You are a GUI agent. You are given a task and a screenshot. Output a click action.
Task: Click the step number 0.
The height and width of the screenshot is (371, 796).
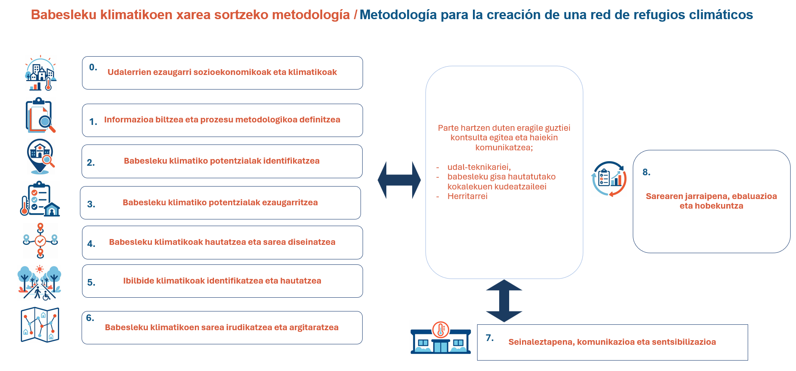point(93,67)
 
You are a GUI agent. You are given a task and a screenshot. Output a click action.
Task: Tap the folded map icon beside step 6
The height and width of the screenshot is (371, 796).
point(40,325)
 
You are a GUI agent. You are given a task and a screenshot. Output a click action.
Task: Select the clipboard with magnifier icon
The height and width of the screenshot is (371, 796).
point(40,115)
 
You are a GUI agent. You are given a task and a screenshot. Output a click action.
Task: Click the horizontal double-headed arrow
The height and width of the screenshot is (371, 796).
point(399,180)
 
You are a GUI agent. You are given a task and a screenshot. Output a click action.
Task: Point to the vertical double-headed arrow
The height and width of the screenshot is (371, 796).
point(504,301)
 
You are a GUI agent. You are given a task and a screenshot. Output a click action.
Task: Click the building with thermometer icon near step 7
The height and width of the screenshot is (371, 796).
point(440,338)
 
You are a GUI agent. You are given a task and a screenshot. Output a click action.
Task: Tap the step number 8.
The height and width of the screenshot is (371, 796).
point(646,172)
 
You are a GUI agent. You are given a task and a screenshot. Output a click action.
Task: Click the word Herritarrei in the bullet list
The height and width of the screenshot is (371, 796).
point(467,196)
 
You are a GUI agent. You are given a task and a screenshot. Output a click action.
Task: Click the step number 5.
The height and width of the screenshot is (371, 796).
point(91,282)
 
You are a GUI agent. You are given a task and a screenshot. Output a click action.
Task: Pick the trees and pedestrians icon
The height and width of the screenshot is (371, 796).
point(40,283)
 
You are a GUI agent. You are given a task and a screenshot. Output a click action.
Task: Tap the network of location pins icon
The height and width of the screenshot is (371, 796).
point(40,241)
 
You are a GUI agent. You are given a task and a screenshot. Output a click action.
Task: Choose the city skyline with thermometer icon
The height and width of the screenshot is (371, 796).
point(41,73)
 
